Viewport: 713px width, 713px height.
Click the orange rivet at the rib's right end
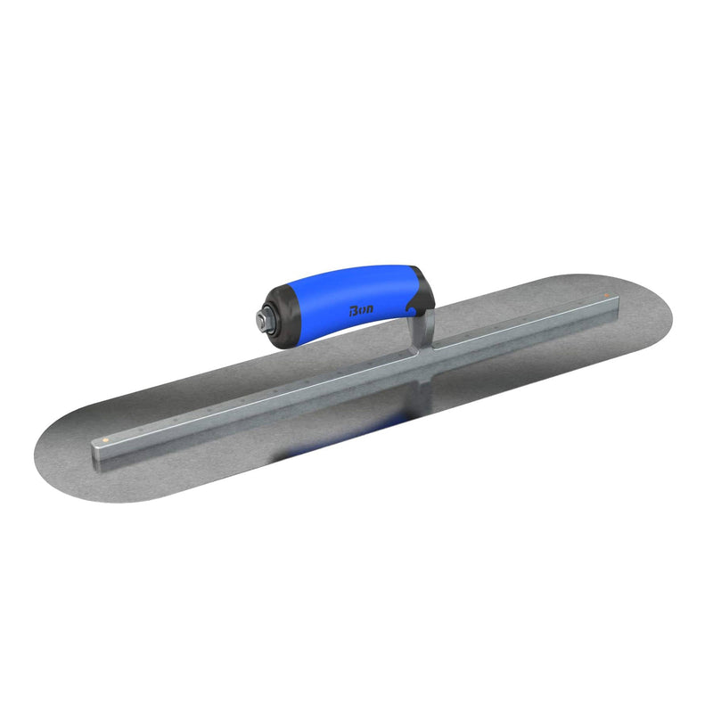coord(606,297)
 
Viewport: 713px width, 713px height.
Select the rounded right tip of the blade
coord(664,312)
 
